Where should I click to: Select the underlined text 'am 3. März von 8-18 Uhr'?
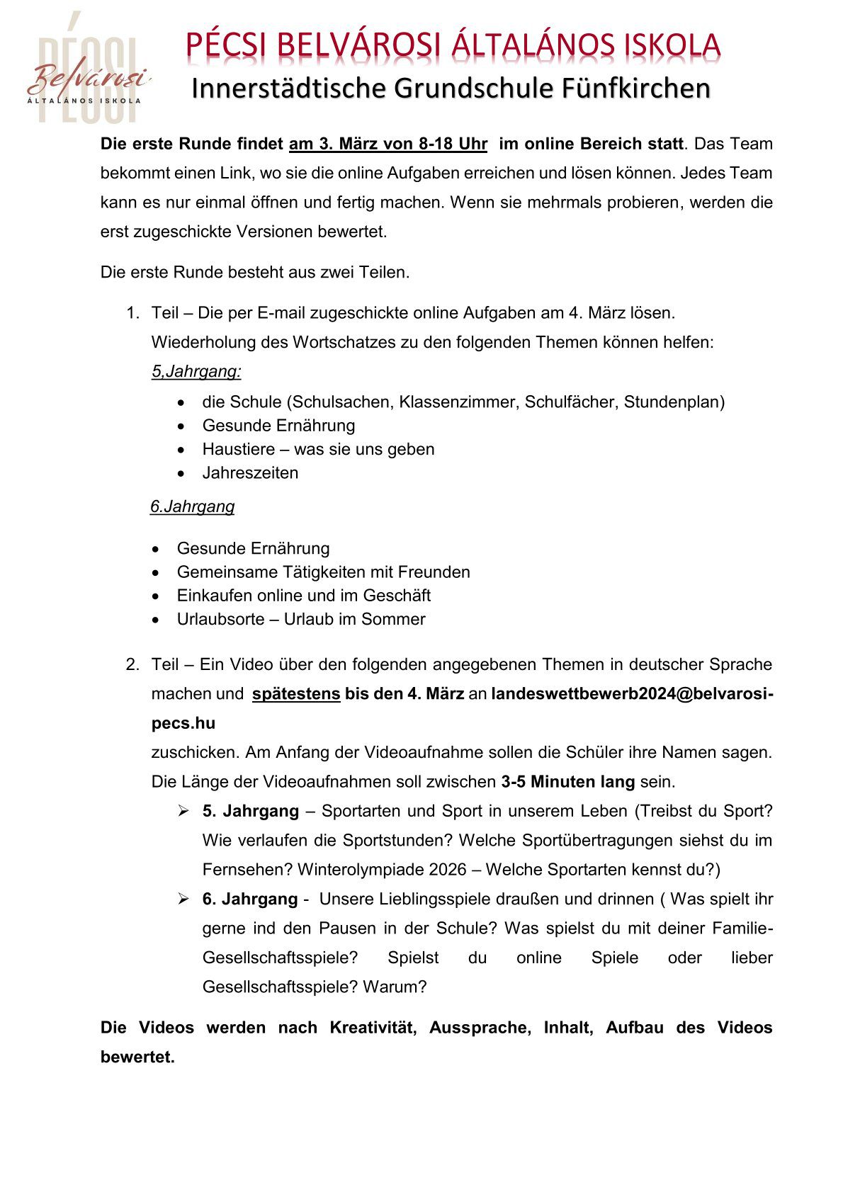(387, 144)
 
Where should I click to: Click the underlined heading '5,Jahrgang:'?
(196, 372)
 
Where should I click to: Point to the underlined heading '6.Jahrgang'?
(192, 507)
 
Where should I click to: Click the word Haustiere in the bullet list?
(238, 449)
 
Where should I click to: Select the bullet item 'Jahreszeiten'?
(250, 473)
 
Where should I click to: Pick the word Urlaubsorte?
(220, 619)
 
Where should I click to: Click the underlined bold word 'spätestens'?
(296, 694)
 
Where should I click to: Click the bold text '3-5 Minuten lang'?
(567, 782)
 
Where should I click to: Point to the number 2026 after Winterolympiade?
(447, 870)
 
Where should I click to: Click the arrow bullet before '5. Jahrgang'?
(183, 811)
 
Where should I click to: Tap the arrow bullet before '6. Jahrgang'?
(183, 899)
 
